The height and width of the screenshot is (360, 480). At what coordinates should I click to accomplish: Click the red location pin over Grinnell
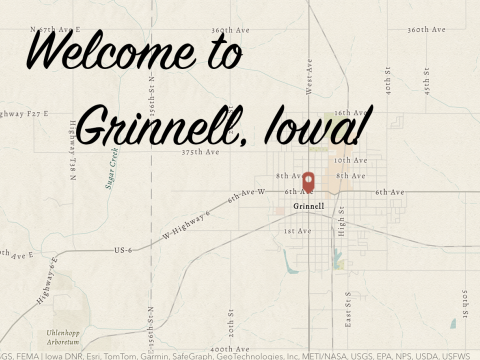pyautogui.click(x=309, y=182)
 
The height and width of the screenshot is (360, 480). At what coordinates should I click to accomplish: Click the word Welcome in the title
pyautogui.click(x=95, y=51)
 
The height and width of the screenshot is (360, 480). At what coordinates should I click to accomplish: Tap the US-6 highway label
pyautogui.click(x=124, y=249)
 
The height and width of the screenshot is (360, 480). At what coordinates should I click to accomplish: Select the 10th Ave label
pyautogui.click(x=350, y=160)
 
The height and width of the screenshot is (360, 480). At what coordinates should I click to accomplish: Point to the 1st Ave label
pyautogui.click(x=296, y=231)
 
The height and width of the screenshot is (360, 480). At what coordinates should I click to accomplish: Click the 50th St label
pyautogui.click(x=465, y=299)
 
